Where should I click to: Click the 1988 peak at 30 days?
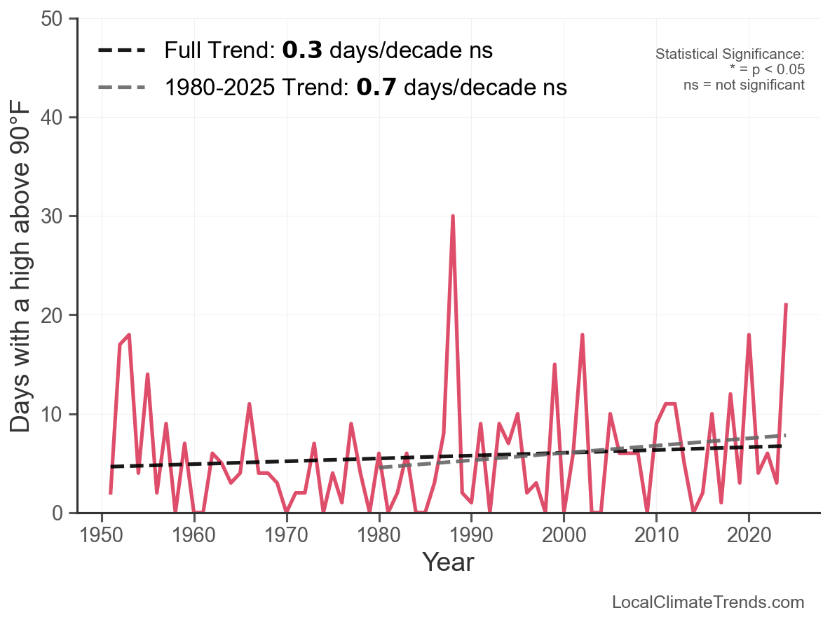453,216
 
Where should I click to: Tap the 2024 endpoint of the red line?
786,305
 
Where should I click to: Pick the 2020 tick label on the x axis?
749,536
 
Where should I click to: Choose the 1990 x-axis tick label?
471,536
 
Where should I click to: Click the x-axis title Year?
448,562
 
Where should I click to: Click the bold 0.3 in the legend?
302,50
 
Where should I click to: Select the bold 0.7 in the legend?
377,88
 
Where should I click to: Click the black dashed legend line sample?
122,50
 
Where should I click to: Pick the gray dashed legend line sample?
122,88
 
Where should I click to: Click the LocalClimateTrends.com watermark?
708,602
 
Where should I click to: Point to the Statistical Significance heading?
729,55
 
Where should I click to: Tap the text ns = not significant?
744,85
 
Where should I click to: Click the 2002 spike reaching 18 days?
583,335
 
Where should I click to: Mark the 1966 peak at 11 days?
250,404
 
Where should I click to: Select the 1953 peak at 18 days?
129,335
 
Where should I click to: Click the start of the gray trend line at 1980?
379,467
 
